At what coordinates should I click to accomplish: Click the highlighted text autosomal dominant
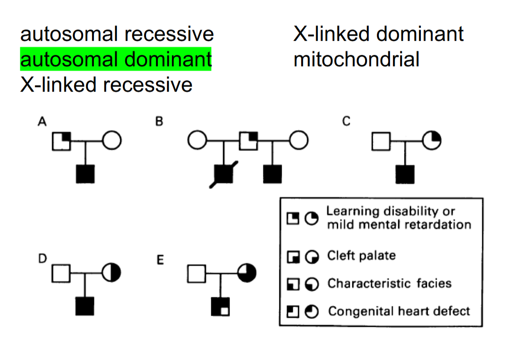pos(116,59)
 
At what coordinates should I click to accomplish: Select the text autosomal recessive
pos(117,34)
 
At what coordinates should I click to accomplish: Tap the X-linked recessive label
pos(106,84)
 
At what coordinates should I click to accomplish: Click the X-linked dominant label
pos(378,34)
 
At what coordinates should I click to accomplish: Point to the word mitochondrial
pos(357,59)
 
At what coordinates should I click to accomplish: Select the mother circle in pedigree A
pos(112,141)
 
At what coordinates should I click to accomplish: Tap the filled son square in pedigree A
pos(85,174)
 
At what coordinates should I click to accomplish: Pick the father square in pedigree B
pos(248,141)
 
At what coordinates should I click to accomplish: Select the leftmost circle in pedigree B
pos(196,141)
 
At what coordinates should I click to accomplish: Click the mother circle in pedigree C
pos(432,141)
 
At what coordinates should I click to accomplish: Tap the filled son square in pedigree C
pos(405,174)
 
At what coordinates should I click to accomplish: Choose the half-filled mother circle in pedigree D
pos(112,273)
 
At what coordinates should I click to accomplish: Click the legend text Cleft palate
pos(361,256)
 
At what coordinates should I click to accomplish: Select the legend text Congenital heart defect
pos(399,311)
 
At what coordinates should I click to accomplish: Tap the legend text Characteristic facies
pos(390,283)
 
